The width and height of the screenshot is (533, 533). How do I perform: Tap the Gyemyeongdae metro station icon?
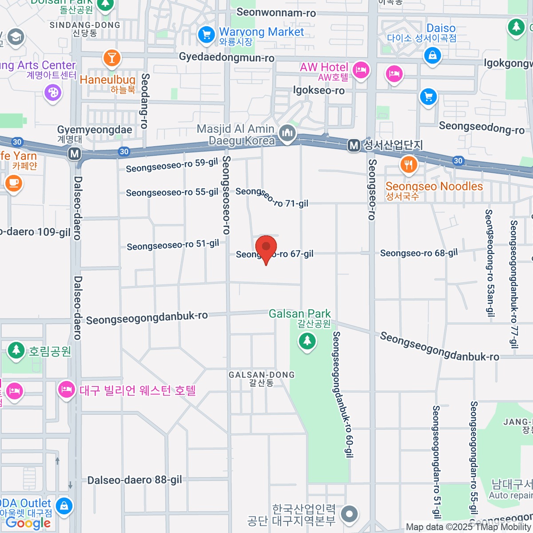click(x=75, y=154)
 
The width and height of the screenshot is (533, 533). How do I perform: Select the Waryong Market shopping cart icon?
click(x=207, y=35)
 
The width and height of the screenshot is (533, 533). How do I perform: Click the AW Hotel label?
click(x=324, y=68)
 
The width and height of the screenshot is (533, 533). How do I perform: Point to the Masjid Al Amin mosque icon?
click(x=287, y=133)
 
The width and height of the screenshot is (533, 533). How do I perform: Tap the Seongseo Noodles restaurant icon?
click(x=408, y=165)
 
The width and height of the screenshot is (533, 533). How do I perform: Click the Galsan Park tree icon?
click(x=307, y=341)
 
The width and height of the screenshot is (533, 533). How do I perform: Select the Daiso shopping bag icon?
click(x=432, y=56)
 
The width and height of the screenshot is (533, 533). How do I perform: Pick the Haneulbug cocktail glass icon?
click(x=111, y=58)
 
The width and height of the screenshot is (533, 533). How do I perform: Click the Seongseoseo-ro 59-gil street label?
click(x=172, y=165)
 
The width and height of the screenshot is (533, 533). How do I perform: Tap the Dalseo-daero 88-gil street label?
click(x=135, y=480)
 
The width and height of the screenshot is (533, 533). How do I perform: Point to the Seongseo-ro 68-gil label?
click(x=419, y=253)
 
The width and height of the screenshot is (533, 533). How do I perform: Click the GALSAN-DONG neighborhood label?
click(x=262, y=375)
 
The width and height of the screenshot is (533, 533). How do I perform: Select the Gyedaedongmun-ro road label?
click(x=227, y=57)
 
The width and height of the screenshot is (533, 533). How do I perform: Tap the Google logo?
click(x=28, y=523)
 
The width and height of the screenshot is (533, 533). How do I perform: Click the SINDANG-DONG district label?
click(x=85, y=25)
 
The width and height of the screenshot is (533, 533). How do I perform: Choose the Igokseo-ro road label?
click(x=318, y=91)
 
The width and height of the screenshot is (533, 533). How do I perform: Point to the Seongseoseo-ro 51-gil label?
click(x=173, y=245)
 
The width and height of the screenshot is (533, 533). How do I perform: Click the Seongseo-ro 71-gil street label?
click(x=272, y=198)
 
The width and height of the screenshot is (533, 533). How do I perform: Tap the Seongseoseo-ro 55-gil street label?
click(x=172, y=192)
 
